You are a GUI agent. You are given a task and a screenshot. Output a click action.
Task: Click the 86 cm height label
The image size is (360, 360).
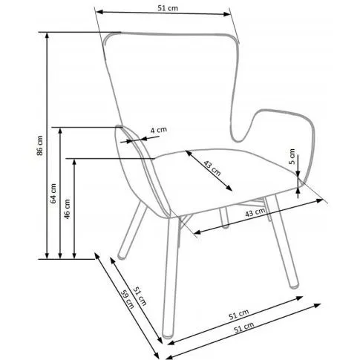tap(40, 145)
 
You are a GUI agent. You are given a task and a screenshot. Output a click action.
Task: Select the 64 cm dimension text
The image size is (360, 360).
tap(53, 194)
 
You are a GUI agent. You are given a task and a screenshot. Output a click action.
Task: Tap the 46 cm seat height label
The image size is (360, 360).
tap(68, 209)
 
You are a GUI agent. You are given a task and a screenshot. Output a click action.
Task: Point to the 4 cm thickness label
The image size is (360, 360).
tap(159, 130)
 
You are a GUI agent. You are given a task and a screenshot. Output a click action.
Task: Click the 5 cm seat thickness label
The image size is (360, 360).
tap(292, 157)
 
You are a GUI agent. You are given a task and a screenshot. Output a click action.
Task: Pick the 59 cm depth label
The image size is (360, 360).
tap(128, 299)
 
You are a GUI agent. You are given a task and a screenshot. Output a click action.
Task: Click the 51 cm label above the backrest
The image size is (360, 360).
tap(168, 8)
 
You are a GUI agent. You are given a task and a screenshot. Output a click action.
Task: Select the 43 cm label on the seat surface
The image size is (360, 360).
tap(212, 168)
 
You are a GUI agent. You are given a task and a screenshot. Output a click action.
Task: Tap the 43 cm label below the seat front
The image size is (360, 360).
tap(255, 212)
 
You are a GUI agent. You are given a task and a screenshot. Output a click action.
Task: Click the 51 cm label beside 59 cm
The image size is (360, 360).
tap(140, 295)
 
